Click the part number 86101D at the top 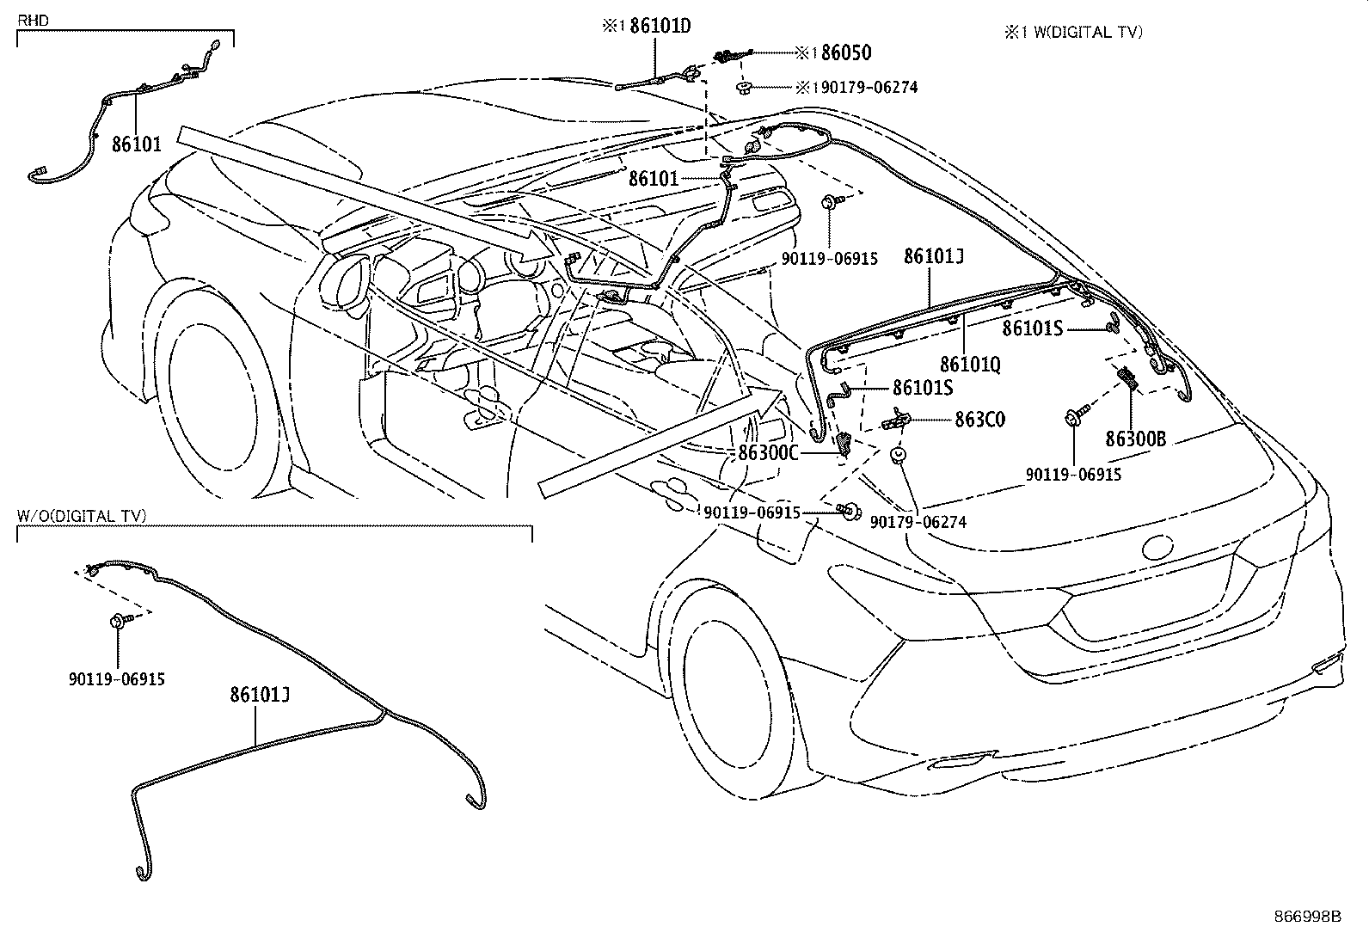click(x=660, y=26)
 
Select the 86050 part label click(x=845, y=53)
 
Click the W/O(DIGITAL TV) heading click(x=82, y=516)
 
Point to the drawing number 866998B click(x=1307, y=917)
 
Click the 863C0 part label click(x=979, y=420)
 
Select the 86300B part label click(x=1135, y=439)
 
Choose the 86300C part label click(x=768, y=453)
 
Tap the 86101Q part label click(x=970, y=365)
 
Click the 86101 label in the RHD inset click(x=136, y=144)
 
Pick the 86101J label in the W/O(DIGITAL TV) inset click(x=259, y=694)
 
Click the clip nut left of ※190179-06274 click(x=744, y=87)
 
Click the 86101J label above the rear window click(x=933, y=256)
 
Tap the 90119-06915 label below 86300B click(x=1073, y=475)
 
